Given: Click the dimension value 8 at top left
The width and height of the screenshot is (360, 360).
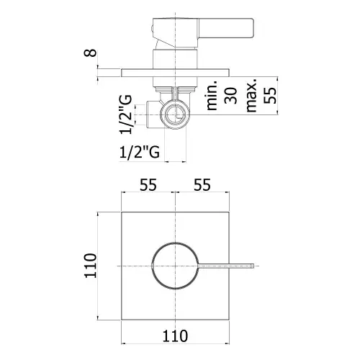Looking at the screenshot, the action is point(90,53).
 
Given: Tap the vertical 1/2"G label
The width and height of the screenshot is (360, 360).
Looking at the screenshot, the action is point(125,114).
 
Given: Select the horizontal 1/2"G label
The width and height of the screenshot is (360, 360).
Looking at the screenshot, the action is point(140,152).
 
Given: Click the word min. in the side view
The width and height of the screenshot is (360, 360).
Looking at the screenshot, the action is point(212,95).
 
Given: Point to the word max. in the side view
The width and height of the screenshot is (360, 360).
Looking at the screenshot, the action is point(251,94).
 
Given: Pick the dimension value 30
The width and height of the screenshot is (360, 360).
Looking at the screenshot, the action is point(230,96).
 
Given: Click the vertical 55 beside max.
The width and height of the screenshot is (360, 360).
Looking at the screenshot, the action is point(270,96).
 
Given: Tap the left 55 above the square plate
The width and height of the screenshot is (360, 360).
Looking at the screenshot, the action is point(148,184).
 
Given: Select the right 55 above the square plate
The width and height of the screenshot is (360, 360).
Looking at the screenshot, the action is point(202,184).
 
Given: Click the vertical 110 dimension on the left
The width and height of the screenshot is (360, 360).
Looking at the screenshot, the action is point(90,266).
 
